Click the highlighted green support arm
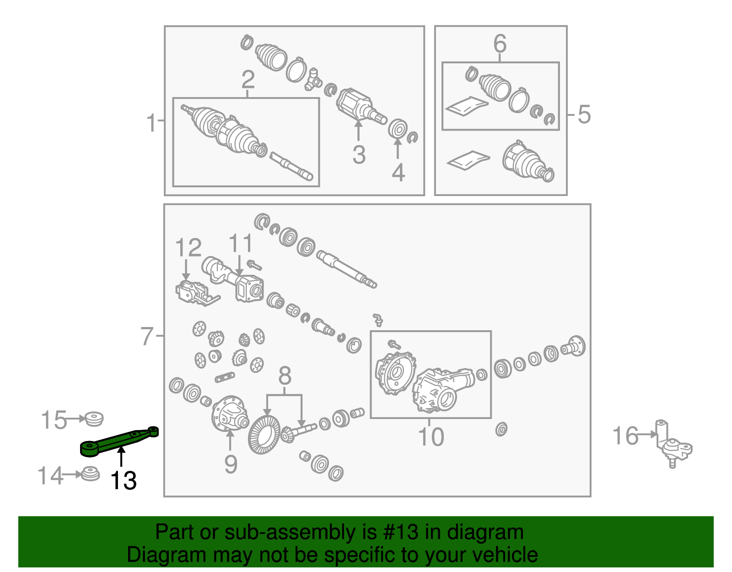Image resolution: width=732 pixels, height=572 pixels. click(x=118, y=441)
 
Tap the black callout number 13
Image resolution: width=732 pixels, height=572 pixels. click(x=123, y=481)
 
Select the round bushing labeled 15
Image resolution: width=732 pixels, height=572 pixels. click(x=94, y=419)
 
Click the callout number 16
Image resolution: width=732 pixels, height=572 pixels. click(x=625, y=436)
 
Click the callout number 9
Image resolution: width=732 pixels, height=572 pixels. click(x=231, y=464)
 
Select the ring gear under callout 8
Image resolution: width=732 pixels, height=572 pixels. click(x=264, y=435)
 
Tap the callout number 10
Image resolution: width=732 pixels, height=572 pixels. click(x=431, y=437)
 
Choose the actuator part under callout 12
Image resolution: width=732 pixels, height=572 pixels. click(x=198, y=293)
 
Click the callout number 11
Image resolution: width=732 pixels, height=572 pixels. click(x=241, y=243)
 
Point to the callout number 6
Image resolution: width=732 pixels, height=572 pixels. click(x=500, y=43)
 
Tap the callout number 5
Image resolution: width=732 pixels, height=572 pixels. click(x=584, y=114)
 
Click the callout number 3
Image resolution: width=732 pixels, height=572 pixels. click(x=359, y=155)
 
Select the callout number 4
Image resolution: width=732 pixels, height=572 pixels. click(x=398, y=173)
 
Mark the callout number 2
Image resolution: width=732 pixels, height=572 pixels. click(x=248, y=80)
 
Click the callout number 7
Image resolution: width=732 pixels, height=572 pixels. click(x=147, y=336)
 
